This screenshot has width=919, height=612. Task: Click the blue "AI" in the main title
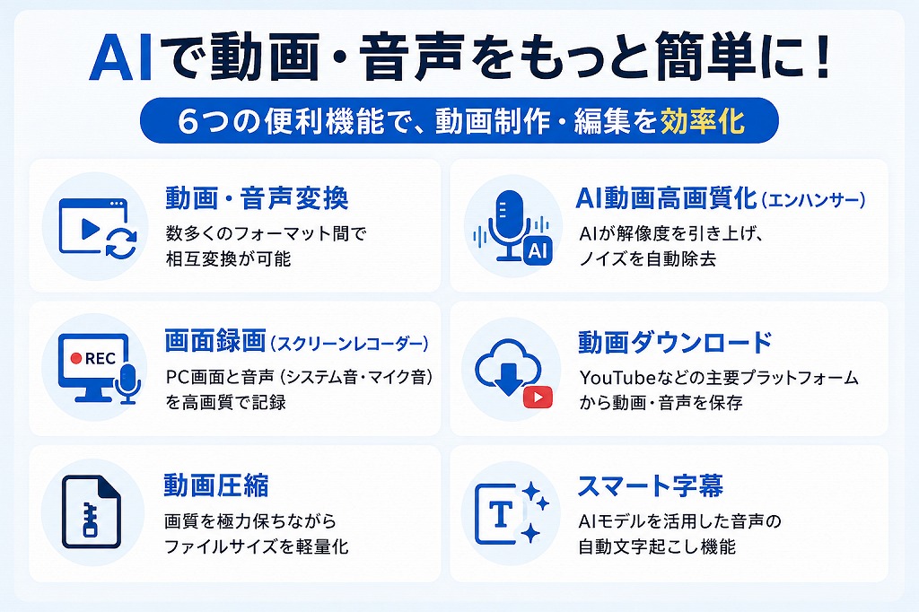coord(122,57)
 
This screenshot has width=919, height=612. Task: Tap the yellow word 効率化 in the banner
coord(703,121)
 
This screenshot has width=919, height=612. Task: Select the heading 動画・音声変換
coord(257,197)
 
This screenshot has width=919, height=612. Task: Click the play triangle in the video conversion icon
coord(90,229)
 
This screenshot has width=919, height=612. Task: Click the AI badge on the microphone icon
coord(538,251)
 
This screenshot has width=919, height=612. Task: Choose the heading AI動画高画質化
coord(667,198)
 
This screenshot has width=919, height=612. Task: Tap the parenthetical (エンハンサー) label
coord(813,200)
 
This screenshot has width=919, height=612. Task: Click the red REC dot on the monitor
coord(75,358)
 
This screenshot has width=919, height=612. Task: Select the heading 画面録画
coord(215,341)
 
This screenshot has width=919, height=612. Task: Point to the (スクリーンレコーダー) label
coord(349,344)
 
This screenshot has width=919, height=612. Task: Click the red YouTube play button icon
coord(538,398)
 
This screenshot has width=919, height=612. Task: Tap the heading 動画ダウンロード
coord(675,343)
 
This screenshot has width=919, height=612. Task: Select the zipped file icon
coord(92,511)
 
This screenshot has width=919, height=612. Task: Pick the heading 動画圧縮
coord(216,485)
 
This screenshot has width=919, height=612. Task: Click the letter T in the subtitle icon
coord(501,515)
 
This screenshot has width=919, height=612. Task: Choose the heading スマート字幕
coord(651,485)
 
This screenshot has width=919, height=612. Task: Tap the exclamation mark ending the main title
coord(822,57)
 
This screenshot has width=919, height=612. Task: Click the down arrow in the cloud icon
coord(508,378)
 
